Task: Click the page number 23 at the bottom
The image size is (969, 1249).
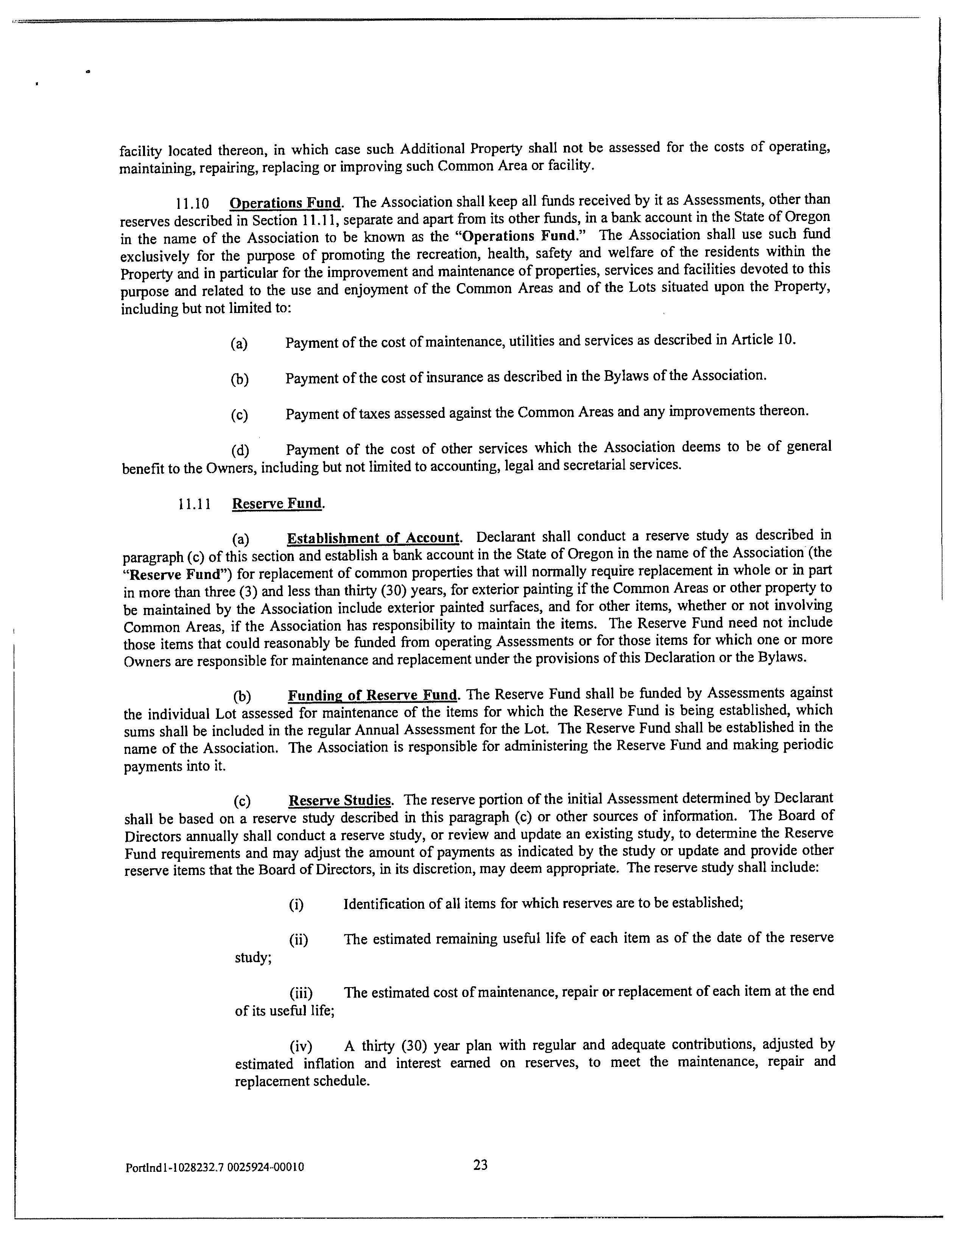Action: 480,1164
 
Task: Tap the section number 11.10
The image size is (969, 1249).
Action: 192,204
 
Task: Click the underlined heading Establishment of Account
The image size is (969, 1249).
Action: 373,538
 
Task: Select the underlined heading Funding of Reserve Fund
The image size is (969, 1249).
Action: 372,695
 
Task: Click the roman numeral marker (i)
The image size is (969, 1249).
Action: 296,904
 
